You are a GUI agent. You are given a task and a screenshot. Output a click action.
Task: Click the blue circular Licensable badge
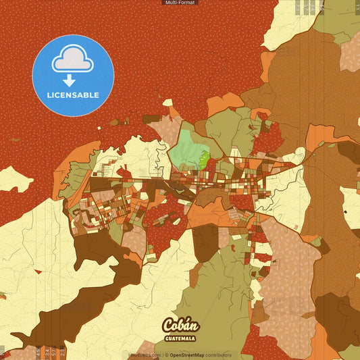tap(73, 76)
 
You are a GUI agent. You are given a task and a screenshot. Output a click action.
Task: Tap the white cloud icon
tap(73, 60)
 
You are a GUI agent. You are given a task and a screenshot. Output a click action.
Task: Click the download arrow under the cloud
tap(69, 80)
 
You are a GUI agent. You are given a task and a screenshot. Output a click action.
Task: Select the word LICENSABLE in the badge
tap(73, 95)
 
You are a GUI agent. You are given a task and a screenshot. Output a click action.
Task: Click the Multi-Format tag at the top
tap(180, 3)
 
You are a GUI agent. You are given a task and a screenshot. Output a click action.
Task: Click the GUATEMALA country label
tap(180, 338)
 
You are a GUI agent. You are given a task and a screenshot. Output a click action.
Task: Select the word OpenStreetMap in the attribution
tap(190, 355)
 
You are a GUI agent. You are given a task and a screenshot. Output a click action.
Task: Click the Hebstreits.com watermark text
tap(145, 355)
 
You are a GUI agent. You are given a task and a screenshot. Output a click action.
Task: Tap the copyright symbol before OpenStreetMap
tap(166, 355)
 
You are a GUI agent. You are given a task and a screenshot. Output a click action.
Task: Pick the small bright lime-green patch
tap(204, 160)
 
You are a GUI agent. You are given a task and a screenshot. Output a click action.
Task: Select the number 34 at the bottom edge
tap(45, 353)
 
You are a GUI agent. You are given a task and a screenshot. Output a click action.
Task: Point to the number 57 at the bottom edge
tap(54, 353)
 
